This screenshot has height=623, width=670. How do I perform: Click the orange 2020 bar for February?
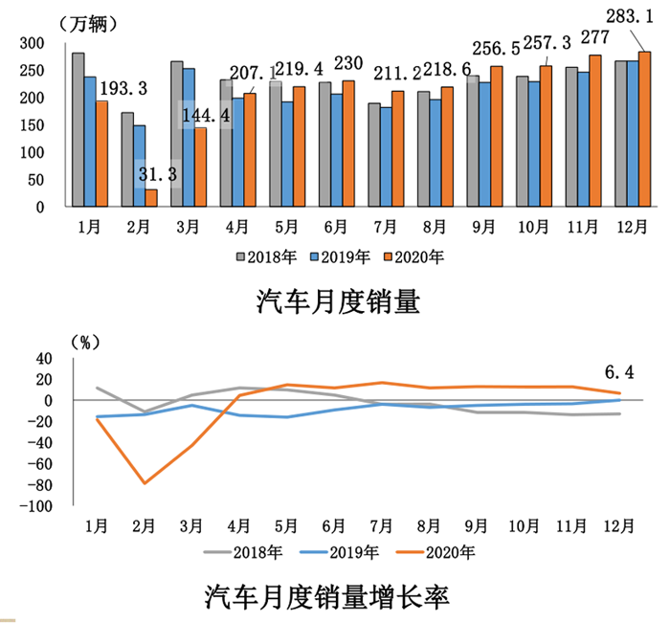coord(151,197)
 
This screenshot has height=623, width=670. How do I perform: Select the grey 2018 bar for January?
coord(78,129)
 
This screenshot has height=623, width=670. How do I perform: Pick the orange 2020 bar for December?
coord(644,129)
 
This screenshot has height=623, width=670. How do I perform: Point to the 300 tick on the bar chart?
coord(33,43)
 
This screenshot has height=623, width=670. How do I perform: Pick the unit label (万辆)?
coord(89,23)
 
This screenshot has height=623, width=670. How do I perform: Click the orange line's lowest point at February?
coord(144,483)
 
